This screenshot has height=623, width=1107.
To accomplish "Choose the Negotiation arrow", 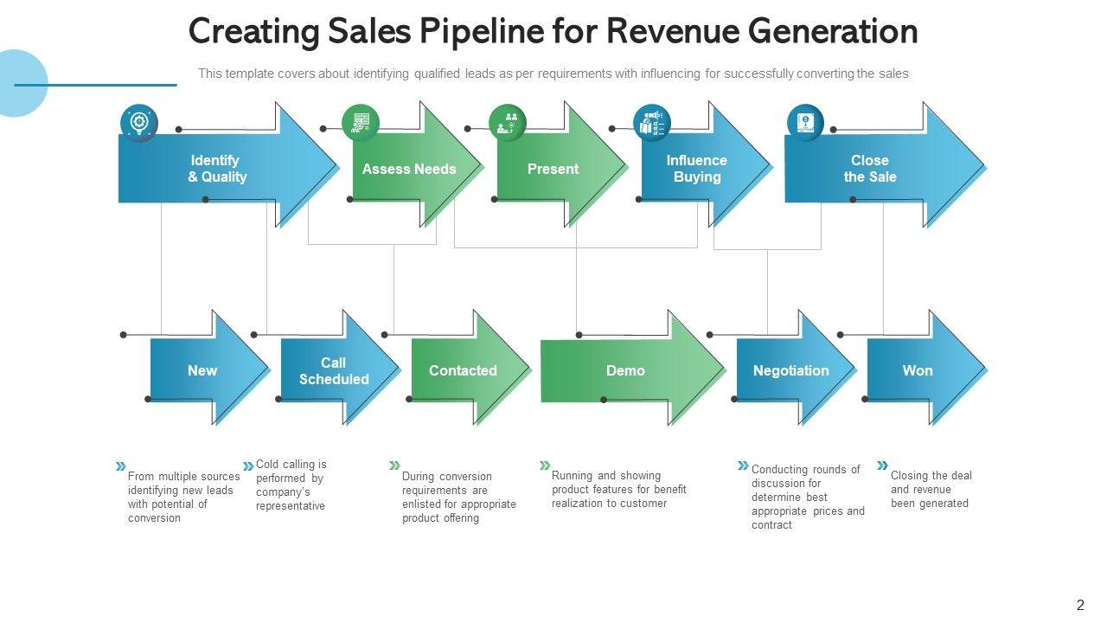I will coord(791,370).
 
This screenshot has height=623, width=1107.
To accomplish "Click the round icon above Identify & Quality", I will coord(138,122).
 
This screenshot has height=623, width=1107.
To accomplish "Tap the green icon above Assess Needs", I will coord(360,123).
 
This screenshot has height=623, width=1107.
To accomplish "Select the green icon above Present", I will coord(507,123).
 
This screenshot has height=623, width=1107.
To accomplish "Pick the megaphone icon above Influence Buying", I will coord(651,123).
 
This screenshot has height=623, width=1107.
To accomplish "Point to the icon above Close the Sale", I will coord(805,122).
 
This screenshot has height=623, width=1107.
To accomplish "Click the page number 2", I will coord(1080,606).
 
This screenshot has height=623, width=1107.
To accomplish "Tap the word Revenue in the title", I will coord(671,32).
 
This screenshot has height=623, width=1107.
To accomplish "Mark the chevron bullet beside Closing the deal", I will coord(882,466).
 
